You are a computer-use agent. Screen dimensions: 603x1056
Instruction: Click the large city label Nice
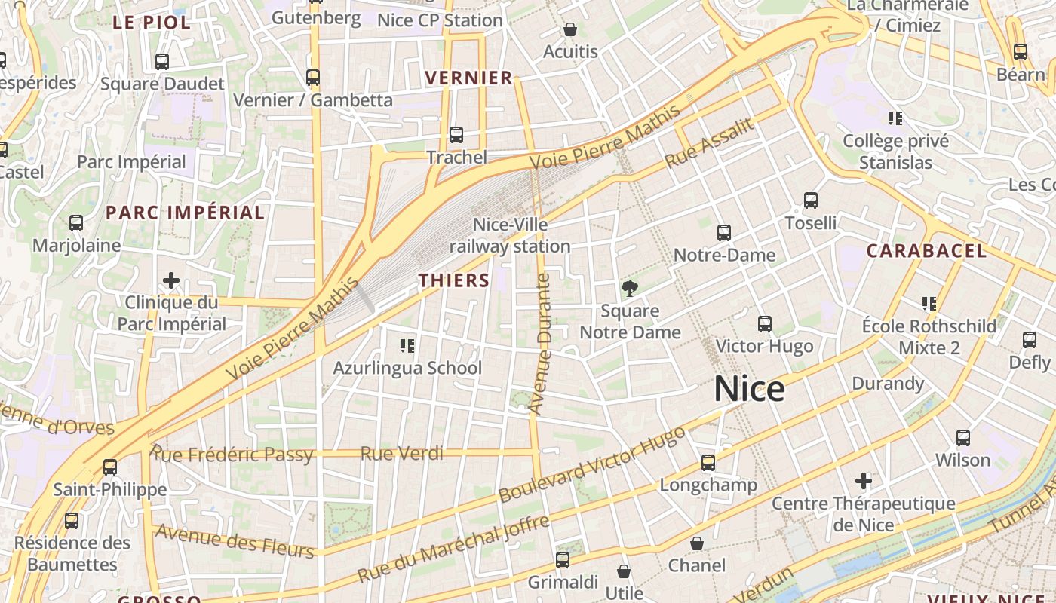coord(749,389)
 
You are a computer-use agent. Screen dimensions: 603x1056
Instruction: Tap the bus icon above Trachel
coord(456,135)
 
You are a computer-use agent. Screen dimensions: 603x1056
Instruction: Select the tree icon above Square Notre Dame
coord(629,288)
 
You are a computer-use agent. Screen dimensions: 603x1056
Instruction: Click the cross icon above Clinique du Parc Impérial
coord(171,280)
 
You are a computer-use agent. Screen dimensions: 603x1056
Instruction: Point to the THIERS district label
coord(454,280)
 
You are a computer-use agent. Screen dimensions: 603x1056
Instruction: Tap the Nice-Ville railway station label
coord(510,235)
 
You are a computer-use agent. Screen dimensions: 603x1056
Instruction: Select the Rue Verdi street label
coord(401,454)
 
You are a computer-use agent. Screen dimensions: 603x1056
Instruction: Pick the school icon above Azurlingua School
coord(407,346)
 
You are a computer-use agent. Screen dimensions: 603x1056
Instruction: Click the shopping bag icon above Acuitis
coord(570,30)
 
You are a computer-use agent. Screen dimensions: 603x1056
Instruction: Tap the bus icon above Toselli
coord(811,200)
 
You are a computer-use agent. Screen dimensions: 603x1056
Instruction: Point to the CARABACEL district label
coord(926,251)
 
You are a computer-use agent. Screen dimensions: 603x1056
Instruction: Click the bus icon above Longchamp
coord(708,463)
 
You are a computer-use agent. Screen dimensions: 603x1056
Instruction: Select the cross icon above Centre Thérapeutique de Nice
coord(864,480)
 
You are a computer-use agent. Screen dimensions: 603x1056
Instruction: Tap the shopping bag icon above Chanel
coord(697,543)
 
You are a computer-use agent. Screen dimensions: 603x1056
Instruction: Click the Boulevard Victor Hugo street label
coord(592,465)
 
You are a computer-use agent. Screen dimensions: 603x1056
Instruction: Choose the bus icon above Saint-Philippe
coord(110,467)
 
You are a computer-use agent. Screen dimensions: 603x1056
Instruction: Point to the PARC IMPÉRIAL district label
coord(186,213)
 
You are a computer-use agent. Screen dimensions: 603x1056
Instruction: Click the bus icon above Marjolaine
coord(76,223)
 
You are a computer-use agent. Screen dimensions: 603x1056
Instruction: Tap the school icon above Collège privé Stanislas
coord(895,118)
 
